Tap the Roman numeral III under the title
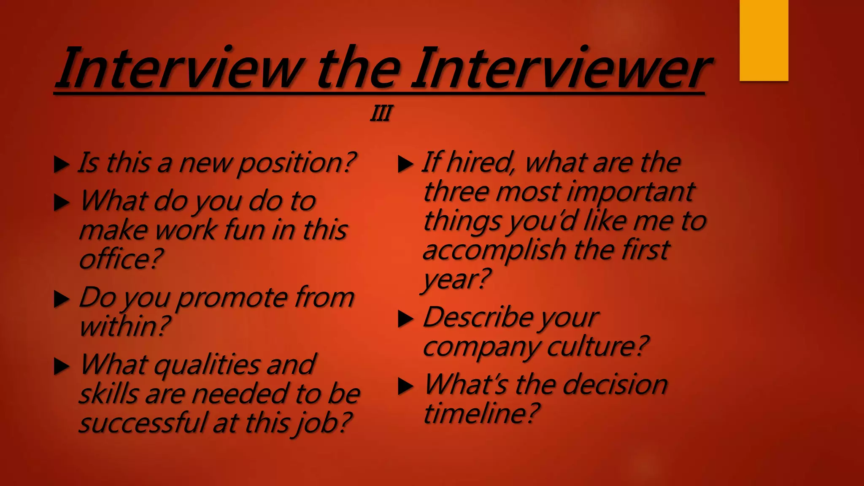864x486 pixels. pos(381,113)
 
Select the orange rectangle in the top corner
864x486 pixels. pos(764,40)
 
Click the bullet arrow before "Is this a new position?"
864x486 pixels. pos(62,165)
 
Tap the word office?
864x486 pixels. pos(121,259)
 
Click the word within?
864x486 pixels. pos(124,326)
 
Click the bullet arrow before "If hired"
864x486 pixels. pos(405,165)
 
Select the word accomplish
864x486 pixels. pos(494,250)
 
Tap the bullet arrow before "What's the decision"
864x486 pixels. pos(405,386)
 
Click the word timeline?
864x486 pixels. pos(481,413)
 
